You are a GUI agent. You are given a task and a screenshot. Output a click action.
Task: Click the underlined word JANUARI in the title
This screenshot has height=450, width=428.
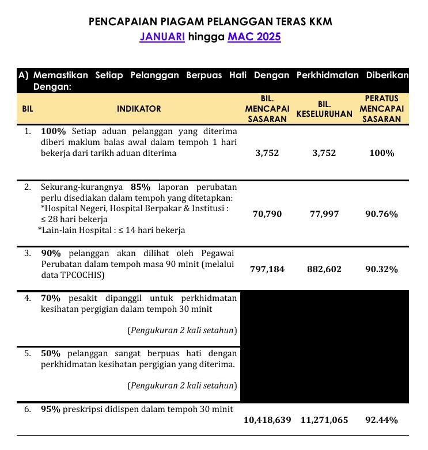point(162,37)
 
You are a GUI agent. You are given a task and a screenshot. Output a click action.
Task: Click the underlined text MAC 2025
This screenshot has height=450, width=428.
point(255,37)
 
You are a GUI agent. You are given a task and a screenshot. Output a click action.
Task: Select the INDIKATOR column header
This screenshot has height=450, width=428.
point(139,108)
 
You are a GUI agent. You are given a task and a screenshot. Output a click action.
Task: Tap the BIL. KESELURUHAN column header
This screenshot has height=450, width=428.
point(324,109)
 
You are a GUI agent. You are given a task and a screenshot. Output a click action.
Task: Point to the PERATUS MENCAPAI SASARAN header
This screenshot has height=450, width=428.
point(381,109)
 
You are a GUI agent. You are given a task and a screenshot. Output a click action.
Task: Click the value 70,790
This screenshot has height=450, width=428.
point(267,214)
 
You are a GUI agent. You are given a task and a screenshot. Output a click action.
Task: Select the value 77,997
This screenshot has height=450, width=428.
point(324,214)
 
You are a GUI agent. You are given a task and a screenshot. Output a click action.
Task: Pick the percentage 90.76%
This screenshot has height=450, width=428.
point(381,214)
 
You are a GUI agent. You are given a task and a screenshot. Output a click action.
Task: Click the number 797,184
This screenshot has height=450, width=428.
point(267,269)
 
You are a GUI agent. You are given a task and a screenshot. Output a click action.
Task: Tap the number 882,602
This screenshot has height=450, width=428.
point(324,269)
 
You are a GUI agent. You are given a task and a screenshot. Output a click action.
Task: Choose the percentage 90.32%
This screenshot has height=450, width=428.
point(381,269)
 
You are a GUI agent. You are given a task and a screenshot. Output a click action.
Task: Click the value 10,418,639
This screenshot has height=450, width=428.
point(267,420)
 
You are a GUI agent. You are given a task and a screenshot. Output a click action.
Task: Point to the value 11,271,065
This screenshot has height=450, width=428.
point(324,420)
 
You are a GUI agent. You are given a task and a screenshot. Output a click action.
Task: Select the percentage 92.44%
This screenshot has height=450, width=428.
point(381,420)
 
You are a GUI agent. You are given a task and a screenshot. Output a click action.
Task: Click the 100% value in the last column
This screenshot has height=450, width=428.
point(381,153)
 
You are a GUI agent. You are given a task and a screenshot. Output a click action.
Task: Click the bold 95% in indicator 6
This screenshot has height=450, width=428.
point(51,409)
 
